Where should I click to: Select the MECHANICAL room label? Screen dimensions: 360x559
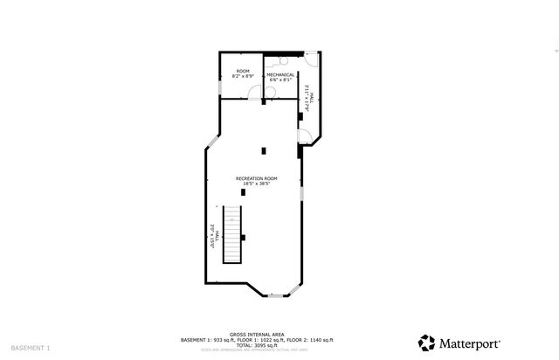(x=280, y=74)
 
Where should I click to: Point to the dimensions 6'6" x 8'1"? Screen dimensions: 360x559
(x=280, y=80)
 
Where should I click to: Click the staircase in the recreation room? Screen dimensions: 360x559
(x=231, y=233)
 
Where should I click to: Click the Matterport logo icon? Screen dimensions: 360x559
(x=426, y=343)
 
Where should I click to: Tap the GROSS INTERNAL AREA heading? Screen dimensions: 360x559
(x=256, y=334)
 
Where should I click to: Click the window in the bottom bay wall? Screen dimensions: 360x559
(x=275, y=296)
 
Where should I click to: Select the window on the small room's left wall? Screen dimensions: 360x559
(x=219, y=87)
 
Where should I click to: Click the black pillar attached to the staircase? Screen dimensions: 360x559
(x=244, y=237)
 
